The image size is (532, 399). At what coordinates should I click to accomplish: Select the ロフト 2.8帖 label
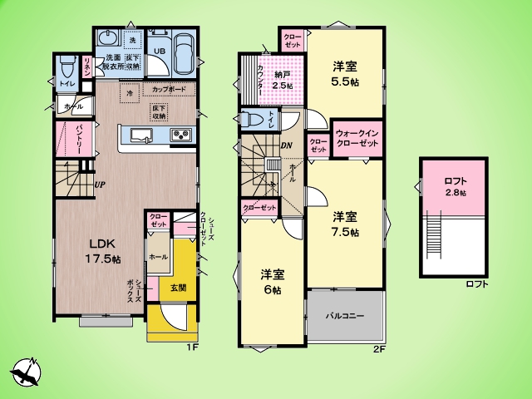454,186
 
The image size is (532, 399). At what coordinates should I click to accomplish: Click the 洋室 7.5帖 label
345,224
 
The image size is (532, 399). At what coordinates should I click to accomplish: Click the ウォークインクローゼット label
357,138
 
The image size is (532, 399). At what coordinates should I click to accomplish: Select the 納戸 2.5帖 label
284,79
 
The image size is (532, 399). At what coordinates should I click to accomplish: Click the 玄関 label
178,288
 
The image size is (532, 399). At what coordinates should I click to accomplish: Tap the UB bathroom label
160,50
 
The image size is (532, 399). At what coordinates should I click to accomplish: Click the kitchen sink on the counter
139,135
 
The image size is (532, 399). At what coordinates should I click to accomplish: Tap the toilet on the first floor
66,69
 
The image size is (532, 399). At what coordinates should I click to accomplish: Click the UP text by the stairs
99,185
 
